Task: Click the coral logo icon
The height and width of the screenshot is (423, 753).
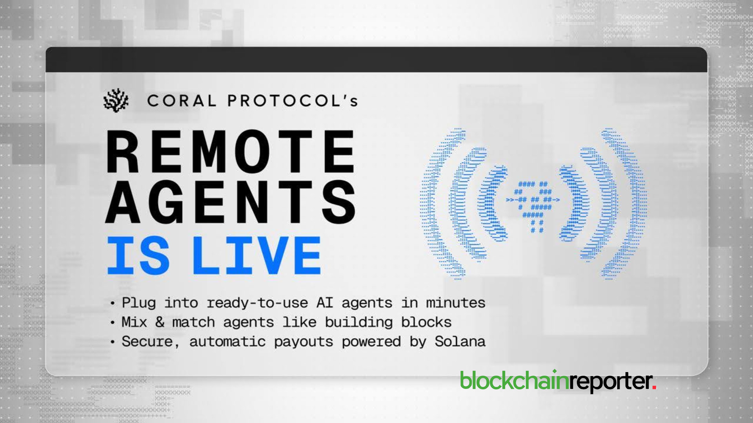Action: pyautogui.click(x=116, y=100)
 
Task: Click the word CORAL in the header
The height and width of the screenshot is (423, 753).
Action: pyautogui.click(x=182, y=101)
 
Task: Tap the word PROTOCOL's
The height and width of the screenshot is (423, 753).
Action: pyautogui.click(x=293, y=101)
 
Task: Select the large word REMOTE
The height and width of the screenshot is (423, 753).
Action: pyautogui.click(x=231, y=152)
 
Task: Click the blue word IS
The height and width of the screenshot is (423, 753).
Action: pyautogui.click(x=138, y=255)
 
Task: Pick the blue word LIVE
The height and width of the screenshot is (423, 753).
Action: pyautogui.click(x=257, y=255)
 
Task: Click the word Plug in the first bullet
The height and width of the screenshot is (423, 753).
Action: pyautogui.click(x=138, y=303)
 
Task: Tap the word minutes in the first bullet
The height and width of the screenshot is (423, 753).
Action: pyautogui.click(x=456, y=303)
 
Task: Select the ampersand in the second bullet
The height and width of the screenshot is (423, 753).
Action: pyautogui.click(x=160, y=322)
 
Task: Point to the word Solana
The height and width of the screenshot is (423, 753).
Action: pyautogui.click(x=460, y=341)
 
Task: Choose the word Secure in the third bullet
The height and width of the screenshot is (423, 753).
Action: pyautogui.click(x=147, y=342)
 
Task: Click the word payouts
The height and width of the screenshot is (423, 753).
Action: pyautogui.click(x=304, y=342)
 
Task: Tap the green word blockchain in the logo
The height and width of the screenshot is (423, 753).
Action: pyautogui.click(x=514, y=380)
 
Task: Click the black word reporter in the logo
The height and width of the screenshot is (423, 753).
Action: pyautogui.click(x=610, y=382)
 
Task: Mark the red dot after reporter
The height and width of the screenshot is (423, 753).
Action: pyautogui.click(x=654, y=387)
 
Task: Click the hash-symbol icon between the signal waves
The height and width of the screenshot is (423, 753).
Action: pyautogui.click(x=533, y=206)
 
